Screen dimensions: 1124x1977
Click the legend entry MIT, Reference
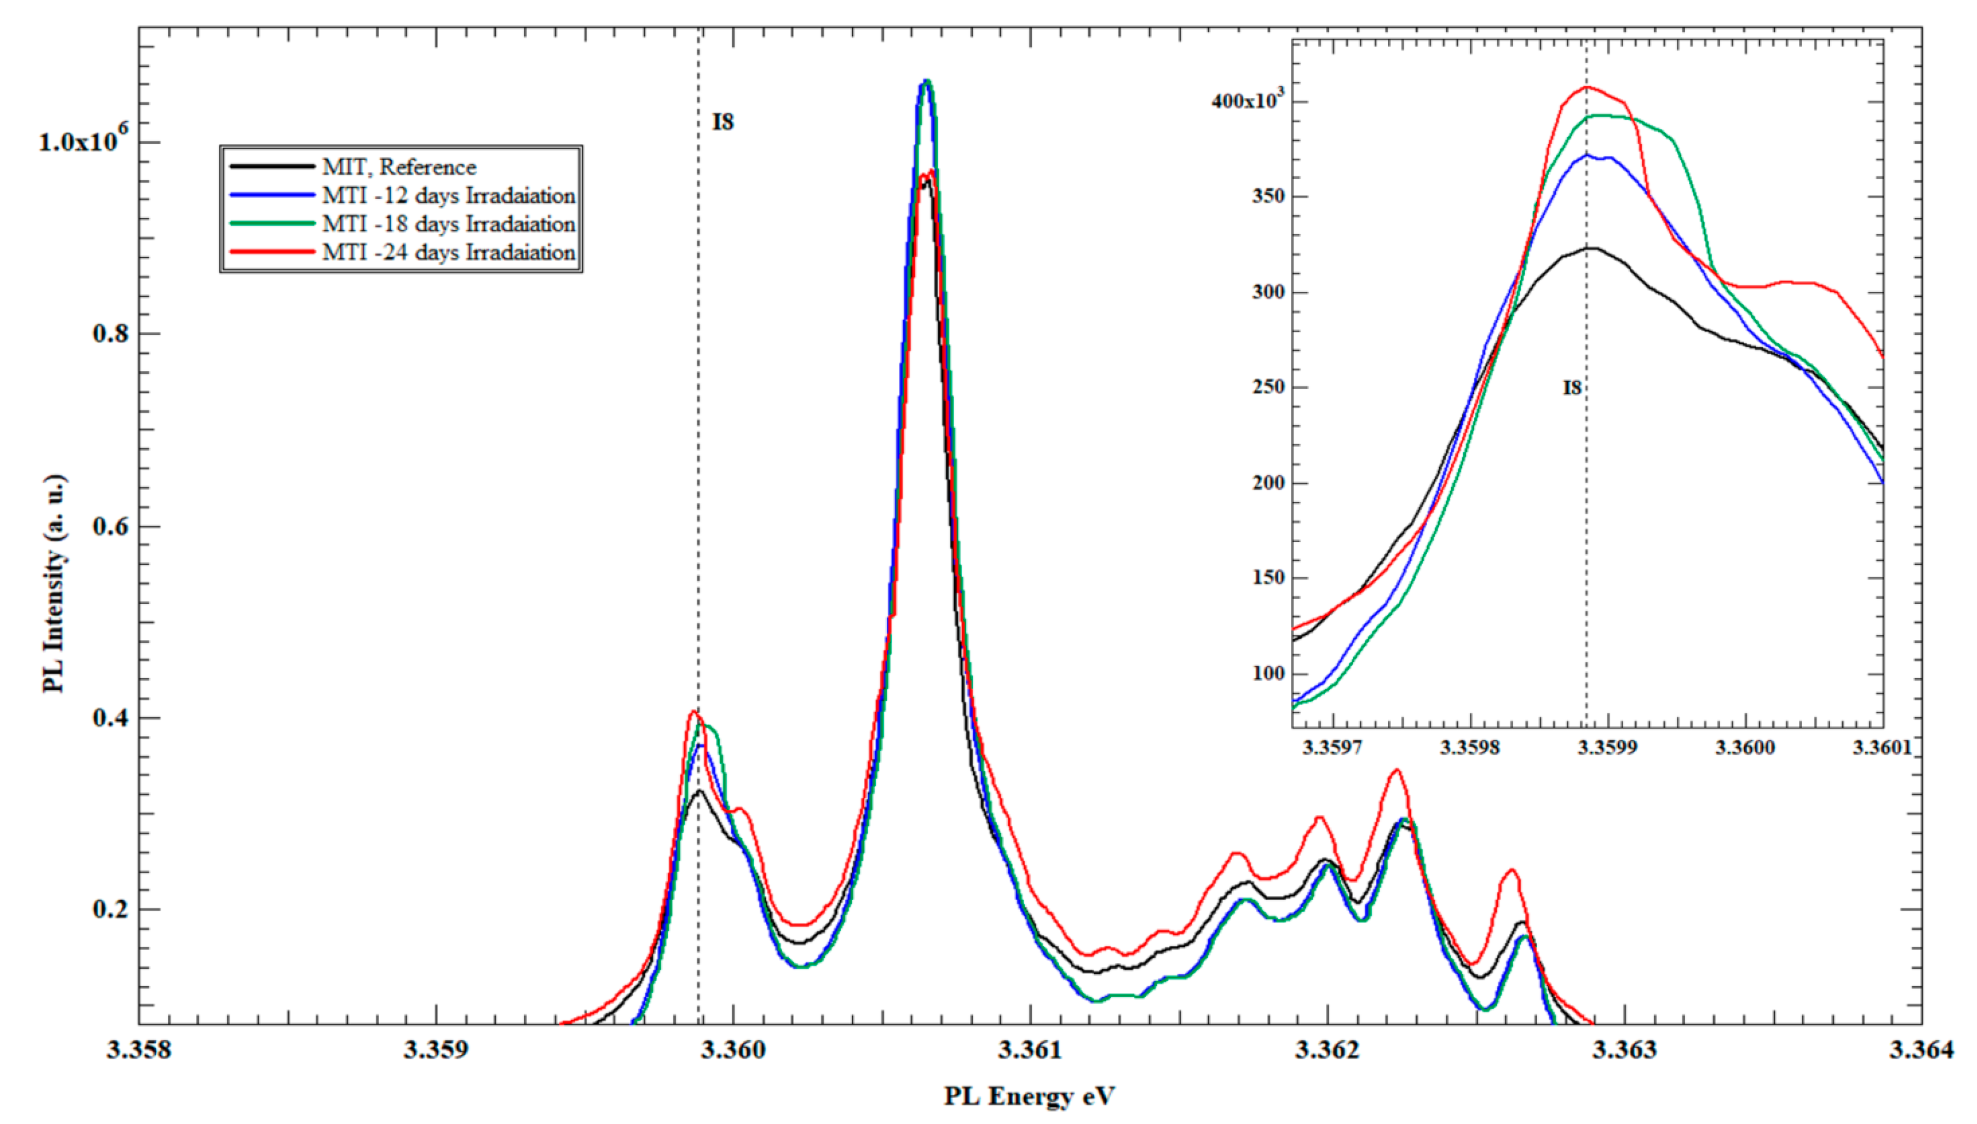click(x=399, y=167)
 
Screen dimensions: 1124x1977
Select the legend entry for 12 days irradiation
click(x=448, y=196)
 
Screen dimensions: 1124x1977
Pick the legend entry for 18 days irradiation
click(x=448, y=224)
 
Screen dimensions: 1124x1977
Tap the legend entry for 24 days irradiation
click(x=448, y=253)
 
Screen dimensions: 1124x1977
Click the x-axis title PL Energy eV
click(x=1029, y=1096)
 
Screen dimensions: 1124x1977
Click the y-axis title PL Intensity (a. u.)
click(x=54, y=583)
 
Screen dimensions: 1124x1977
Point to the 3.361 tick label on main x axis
click(x=1029, y=1050)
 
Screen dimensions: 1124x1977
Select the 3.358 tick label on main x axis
click(x=140, y=1050)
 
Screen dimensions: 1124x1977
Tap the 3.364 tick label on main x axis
click(x=1922, y=1050)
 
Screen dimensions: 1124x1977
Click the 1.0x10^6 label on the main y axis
click(x=84, y=141)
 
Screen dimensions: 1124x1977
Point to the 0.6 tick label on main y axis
click(x=110, y=526)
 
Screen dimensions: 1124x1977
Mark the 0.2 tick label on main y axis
click(x=110, y=909)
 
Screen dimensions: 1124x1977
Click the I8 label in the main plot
click(x=723, y=122)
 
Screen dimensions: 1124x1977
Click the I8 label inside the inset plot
click(x=1572, y=388)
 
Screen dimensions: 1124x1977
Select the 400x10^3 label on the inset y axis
click(x=1248, y=100)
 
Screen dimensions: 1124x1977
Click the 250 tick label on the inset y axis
click(x=1268, y=387)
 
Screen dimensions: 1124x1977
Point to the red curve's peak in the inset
click(x=1587, y=87)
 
